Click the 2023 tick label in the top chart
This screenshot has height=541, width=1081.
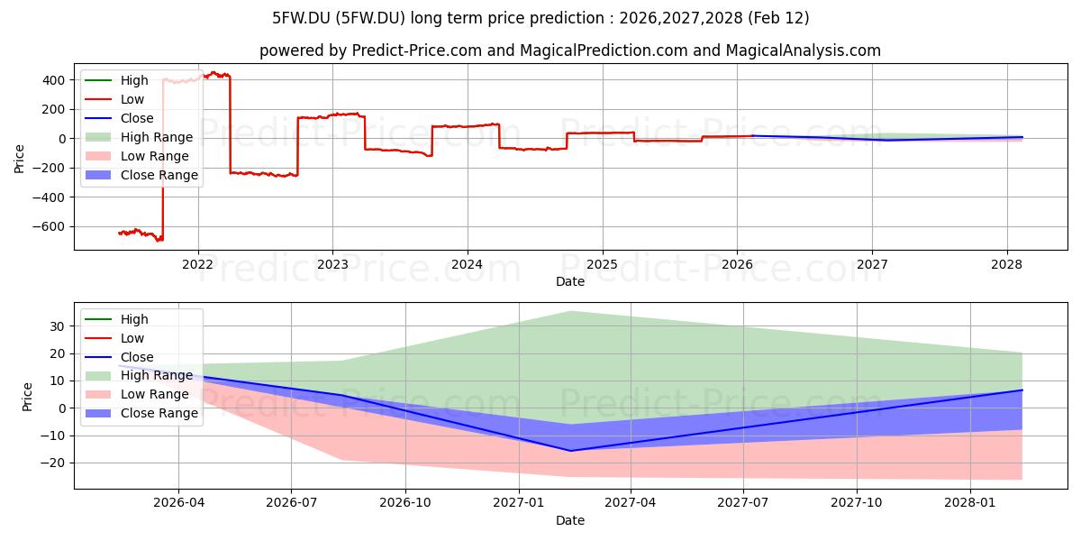point(332,265)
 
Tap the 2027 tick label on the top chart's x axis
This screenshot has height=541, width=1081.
point(872,265)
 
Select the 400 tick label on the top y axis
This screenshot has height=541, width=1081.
point(53,80)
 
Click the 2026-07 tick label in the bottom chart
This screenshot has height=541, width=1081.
point(292,503)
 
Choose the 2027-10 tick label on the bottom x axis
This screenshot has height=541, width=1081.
point(857,503)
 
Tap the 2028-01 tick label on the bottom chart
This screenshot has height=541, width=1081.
point(970,503)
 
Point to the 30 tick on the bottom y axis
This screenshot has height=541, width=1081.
point(57,326)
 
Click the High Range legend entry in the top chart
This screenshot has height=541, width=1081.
point(139,137)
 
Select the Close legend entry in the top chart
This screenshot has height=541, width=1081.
point(119,118)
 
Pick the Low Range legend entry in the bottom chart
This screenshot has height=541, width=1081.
point(137,394)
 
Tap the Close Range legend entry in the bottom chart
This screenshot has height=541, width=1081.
point(141,413)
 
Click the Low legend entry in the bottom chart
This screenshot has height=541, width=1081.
point(114,338)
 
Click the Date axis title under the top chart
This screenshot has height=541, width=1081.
point(570,281)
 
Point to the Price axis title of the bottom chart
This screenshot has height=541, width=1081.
point(27,397)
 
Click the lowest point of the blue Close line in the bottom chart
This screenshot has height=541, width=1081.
point(570,451)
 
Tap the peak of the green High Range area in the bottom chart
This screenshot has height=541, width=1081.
point(570,312)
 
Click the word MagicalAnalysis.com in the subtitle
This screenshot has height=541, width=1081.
point(803,50)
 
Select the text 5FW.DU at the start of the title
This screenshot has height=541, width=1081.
point(301,18)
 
